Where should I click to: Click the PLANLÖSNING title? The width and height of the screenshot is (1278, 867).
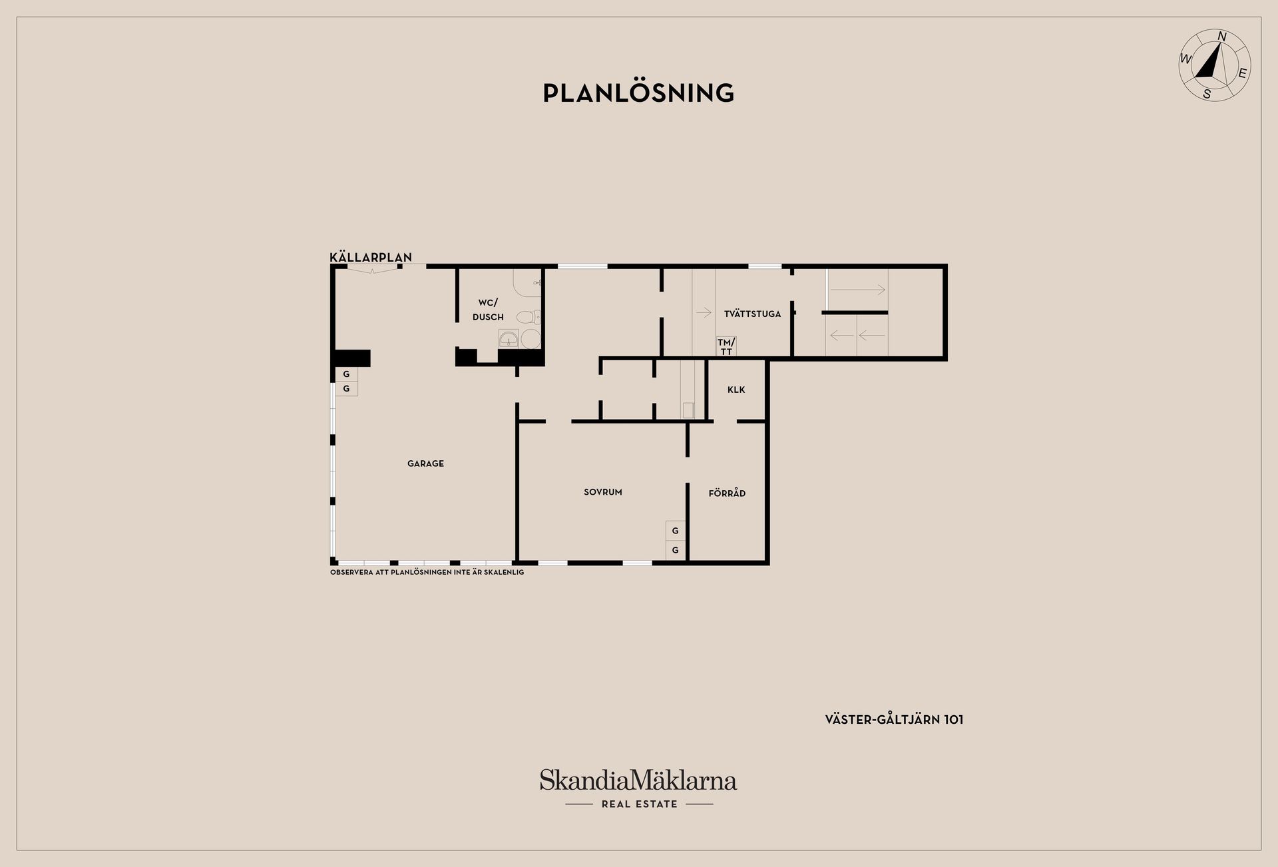pos(638,93)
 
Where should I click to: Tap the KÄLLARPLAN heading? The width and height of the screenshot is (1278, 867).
pos(371,257)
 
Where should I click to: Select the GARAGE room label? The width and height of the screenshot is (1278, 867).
pos(425,463)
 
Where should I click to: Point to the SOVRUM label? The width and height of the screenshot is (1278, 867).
pos(603,492)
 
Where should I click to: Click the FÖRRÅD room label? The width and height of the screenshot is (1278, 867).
pos(727,493)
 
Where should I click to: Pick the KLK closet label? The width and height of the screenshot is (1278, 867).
pos(736,390)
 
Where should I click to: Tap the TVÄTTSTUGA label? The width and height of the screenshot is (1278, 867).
pos(752,314)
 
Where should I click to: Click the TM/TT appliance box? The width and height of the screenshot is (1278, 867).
pos(726,346)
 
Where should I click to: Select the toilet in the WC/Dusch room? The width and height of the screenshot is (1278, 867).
pos(529,317)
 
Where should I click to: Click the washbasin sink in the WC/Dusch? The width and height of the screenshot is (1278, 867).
pos(509,339)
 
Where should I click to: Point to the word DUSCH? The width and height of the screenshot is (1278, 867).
pos(488,317)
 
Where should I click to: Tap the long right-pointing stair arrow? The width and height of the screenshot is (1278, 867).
pos(857,290)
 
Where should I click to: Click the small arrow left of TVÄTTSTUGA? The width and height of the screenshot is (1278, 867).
pos(704,312)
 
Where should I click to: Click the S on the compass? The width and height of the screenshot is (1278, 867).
pos(1207,95)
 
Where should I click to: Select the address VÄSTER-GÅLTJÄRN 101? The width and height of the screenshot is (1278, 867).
pos(894,719)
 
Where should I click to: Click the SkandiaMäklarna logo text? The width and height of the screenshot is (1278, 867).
pos(638,780)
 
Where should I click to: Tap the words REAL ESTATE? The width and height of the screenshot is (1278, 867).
pos(639,804)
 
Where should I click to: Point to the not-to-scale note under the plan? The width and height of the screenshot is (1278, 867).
pos(427,572)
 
